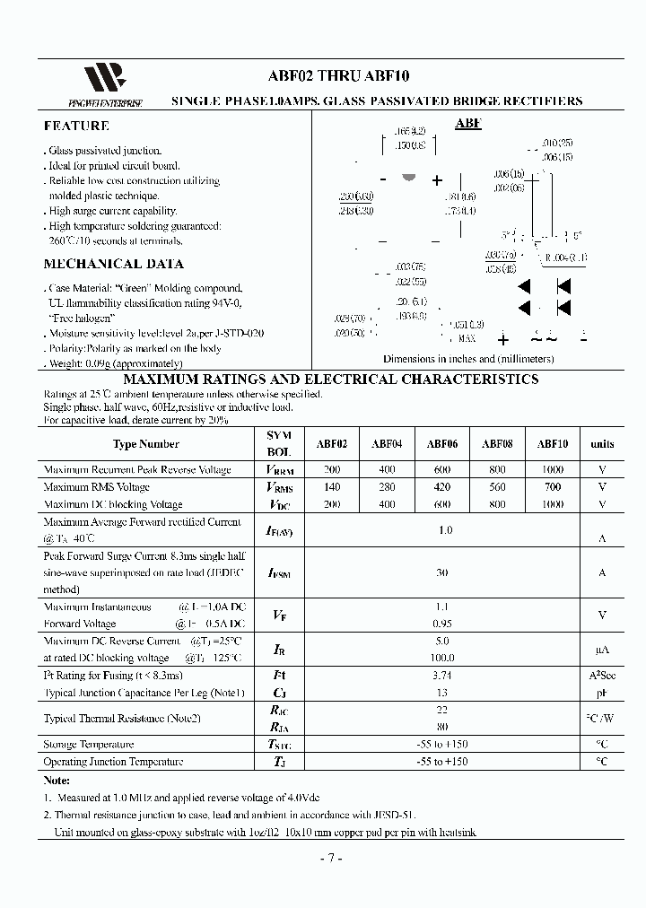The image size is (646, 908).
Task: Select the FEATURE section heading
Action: click(76, 127)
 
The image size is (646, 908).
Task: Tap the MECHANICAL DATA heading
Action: click(113, 264)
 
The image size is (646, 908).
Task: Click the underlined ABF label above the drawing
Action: click(467, 124)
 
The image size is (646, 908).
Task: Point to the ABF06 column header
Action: click(441, 443)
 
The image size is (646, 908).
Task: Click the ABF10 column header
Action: click(552, 443)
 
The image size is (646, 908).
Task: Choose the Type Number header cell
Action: click(145, 443)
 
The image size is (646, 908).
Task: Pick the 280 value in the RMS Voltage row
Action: click(386, 487)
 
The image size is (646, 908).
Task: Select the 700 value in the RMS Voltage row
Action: click(552, 487)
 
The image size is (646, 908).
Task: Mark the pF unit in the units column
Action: click(602, 693)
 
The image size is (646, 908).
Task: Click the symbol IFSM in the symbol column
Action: click(279, 572)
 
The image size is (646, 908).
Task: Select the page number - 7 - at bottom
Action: click(330, 858)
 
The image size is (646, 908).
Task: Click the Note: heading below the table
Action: click(57, 781)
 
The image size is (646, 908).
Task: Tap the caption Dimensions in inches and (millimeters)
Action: click(468, 359)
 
